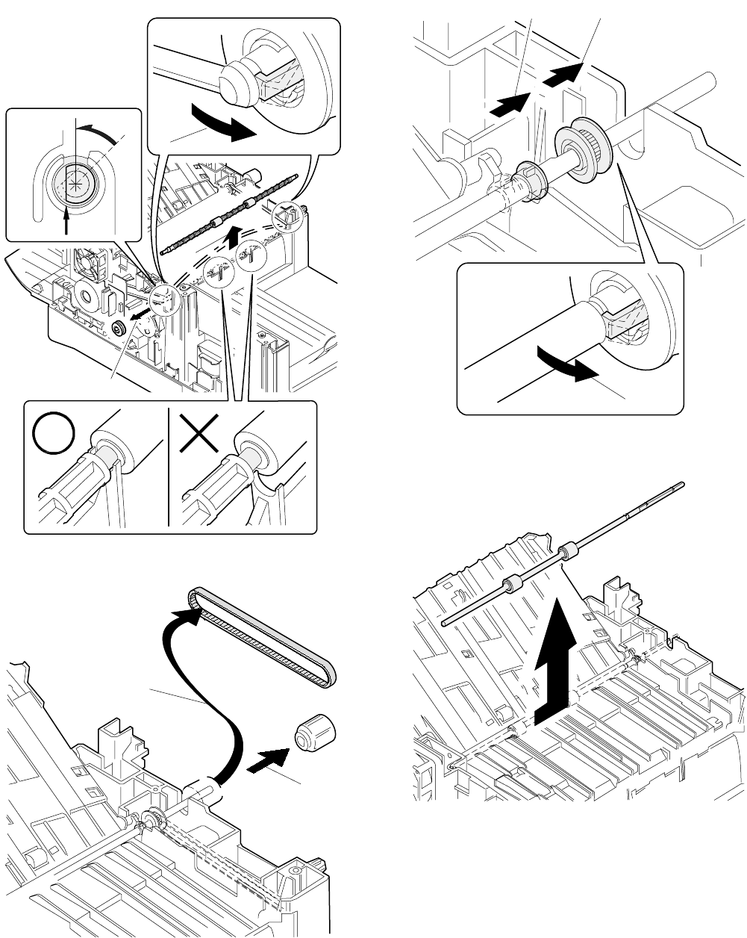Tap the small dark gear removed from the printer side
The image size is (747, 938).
116,328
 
